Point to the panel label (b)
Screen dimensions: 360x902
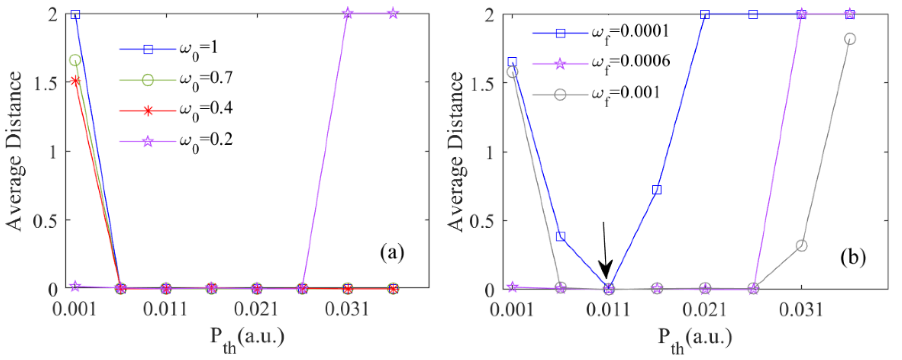pyautogui.click(x=853, y=257)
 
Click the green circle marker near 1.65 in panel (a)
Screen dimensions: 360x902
pyautogui.click(x=75, y=60)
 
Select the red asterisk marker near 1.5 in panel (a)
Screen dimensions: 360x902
pyautogui.click(x=75, y=81)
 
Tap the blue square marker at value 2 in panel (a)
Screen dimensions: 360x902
pyautogui.click(x=75, y=14)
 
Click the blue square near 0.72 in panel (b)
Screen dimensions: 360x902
pyautogui.click(x=657, y=190)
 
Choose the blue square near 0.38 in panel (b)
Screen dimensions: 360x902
pyautogui.click(x=560, y=236)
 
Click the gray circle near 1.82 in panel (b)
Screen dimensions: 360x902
pyautogui.click(x=850, y=39)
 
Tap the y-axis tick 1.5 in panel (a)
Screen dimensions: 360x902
pyautogui.click(x=46, y=83)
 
